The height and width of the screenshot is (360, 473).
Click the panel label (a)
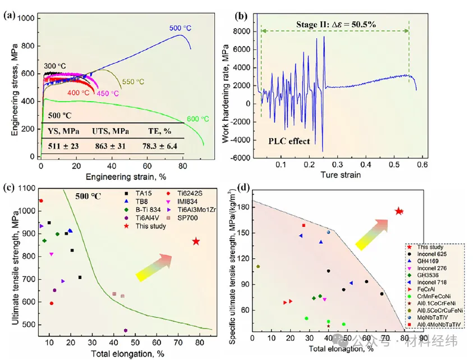10,15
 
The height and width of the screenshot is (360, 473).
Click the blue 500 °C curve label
181,28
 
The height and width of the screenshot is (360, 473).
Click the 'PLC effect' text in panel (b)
287,141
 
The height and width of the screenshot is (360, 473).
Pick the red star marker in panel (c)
196,241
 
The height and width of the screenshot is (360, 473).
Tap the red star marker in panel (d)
399,211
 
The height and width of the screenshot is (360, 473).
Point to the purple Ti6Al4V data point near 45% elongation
125,330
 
